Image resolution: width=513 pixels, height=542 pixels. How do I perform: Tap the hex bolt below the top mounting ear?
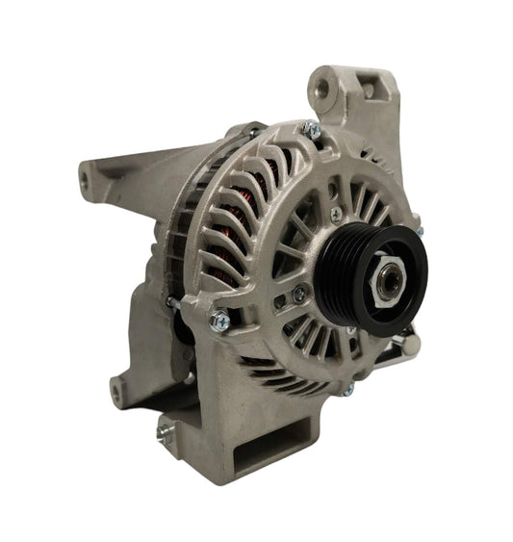click(310, 128)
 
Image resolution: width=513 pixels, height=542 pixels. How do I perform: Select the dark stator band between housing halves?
click(192, 241)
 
